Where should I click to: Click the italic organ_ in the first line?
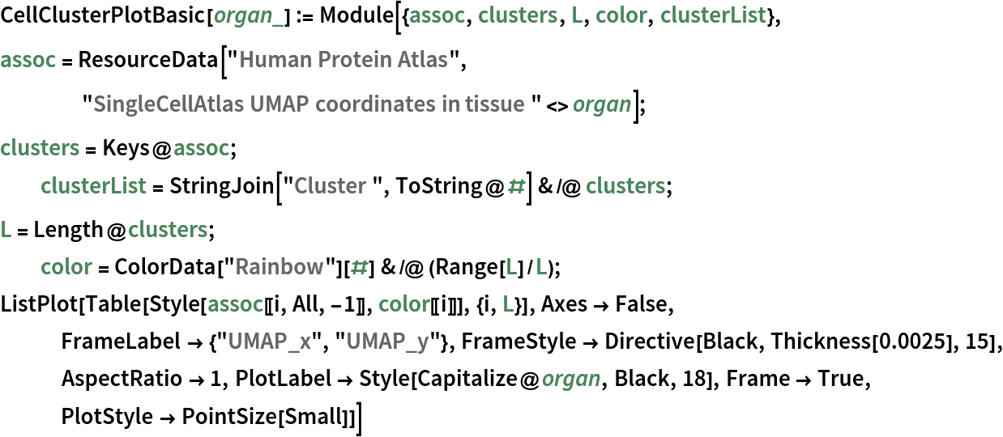[x=248, y=15]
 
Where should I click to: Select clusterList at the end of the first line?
[x=713, y=15]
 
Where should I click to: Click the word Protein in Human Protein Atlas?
[x=344, y=59]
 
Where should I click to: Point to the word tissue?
[x=497, y=104]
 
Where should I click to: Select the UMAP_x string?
[x=269, y=341]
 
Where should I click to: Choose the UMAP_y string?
[x=387, y=341]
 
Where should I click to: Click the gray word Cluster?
[x=330, y=185]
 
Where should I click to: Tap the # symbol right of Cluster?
[x=516, y=185]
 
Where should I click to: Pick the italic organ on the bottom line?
[x=570, y=378]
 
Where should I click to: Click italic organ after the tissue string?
[x=601, y=104]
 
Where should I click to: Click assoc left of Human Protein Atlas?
[x=28, y=59]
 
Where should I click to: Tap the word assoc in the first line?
[x=437, y=15]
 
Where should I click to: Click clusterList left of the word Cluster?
[x=93, y=185]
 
